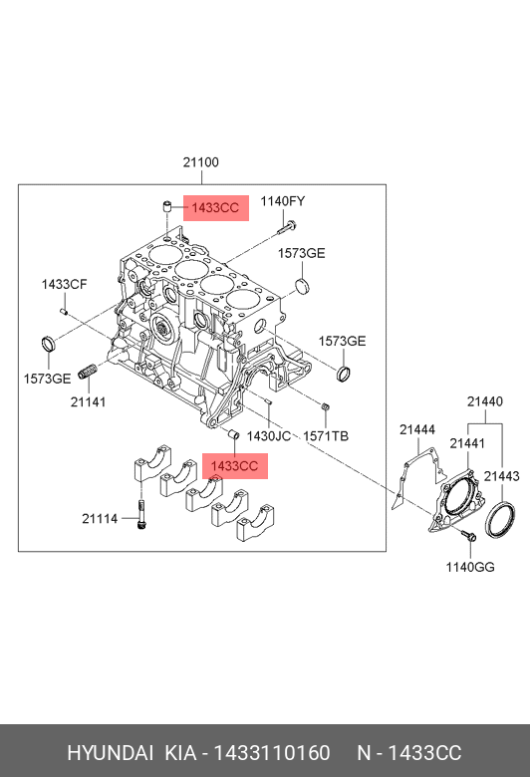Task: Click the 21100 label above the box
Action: tap(201, 162)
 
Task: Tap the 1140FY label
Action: tap(283, 201)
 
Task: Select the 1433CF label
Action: tap(64, 285)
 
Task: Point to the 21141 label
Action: tap(89, 401)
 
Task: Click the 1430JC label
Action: tap(269, 436)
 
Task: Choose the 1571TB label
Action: tap(326, 436)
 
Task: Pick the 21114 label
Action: tap(100, 519)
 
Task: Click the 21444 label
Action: tap(417, 429)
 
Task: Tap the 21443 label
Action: tap(502, 476)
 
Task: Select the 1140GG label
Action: tap(470, 567)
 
